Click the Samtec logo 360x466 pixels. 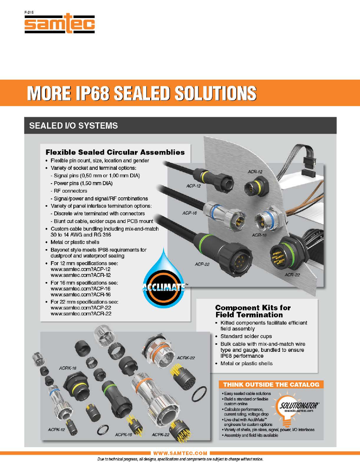tap(60, 24)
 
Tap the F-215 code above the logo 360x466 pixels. tap(29, 12)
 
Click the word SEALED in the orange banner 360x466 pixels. tap(141, 93)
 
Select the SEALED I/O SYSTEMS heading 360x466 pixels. tap(73, 126)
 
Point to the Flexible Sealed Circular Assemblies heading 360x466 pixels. tap(115, 152)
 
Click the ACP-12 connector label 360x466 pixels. tap(193, 186)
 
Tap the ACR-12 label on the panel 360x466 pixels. tap(255, 172)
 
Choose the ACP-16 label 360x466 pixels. tap(189, 213)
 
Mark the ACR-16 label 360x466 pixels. tap(259, 235)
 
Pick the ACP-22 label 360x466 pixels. tap(202, 264)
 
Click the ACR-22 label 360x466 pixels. tap(292, 275)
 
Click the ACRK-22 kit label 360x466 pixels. tap(185, 358)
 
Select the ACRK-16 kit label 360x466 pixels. tap(68, 368)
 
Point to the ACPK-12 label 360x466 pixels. tap(56, 430)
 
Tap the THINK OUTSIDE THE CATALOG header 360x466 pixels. tap(271, 384)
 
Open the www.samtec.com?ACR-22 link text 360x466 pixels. tap(81, 314)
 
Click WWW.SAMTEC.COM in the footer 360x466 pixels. tap(180, 453)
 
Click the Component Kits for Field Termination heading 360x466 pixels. tap(253, 311)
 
